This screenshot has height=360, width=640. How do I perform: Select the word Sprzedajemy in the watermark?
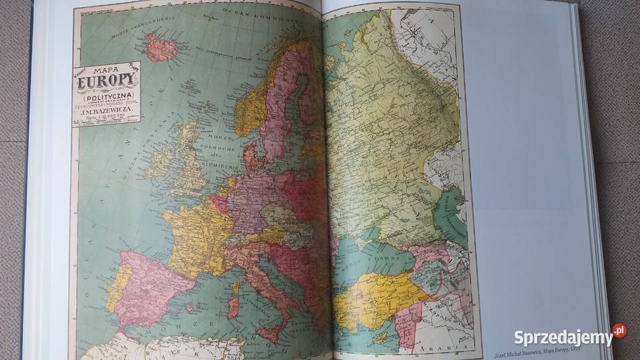coord(563,338)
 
